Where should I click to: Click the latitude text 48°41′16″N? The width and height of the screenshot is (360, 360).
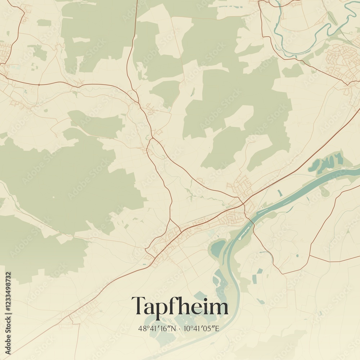tap(157, 328)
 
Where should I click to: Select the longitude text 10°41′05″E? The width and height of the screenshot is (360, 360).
tap(202, 328)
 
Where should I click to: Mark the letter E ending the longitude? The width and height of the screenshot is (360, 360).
tap(217, 328)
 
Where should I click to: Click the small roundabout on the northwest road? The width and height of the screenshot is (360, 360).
tap(39, 85)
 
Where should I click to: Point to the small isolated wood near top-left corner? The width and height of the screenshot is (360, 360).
tap(44, 23)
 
